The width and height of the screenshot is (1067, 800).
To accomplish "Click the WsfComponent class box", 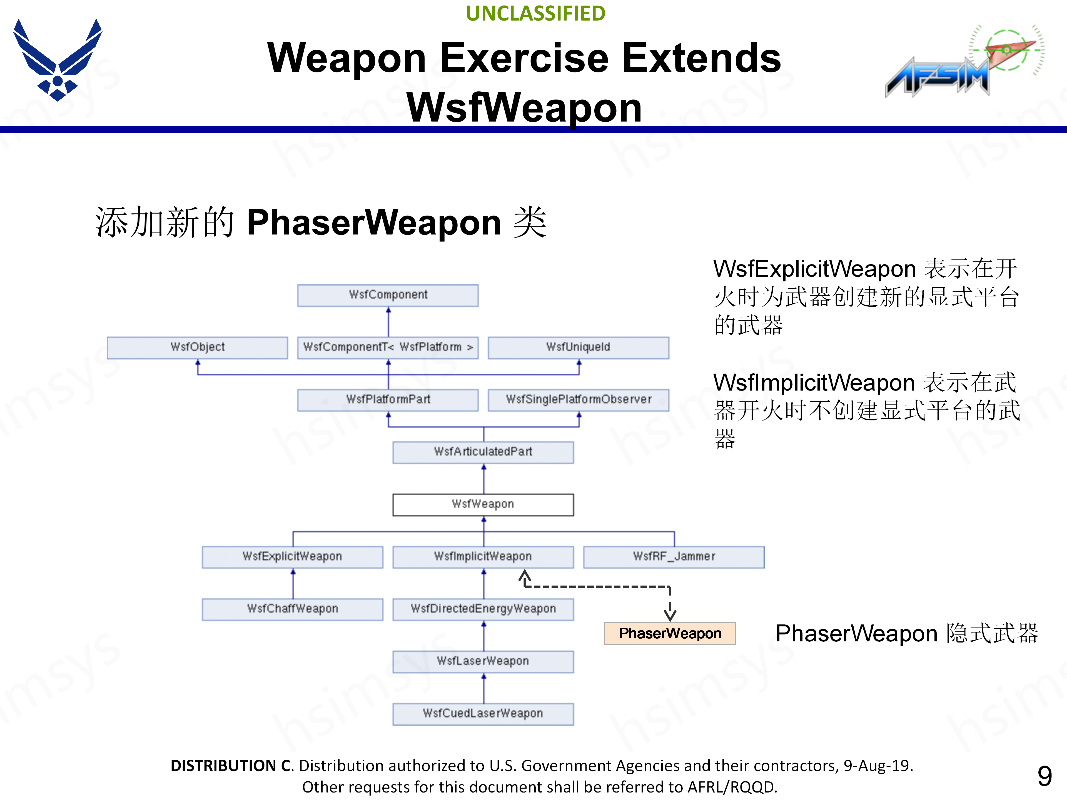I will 388,295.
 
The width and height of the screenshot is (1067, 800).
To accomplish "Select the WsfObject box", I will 197,347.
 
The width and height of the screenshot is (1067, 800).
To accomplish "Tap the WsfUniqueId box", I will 578,347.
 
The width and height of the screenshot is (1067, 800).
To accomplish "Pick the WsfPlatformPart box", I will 388,400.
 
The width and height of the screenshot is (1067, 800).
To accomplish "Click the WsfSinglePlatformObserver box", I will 578,400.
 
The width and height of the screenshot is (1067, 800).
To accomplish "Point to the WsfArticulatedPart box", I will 483,452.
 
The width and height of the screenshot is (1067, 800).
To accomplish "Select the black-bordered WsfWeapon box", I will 483,504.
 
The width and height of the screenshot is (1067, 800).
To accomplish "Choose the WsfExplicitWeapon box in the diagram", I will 292,556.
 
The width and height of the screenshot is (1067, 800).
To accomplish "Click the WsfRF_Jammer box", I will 673,556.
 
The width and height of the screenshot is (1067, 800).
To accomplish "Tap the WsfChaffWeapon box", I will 292,609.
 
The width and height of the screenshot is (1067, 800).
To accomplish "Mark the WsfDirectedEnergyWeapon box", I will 483,609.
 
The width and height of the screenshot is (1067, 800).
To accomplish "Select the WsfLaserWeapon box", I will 483,661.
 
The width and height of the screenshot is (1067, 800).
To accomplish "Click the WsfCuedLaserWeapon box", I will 483,714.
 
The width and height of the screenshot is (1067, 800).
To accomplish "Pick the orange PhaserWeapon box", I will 670,633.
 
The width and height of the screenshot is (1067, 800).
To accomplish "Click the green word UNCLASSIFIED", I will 535,14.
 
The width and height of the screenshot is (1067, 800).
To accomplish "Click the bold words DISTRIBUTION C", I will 231,766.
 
